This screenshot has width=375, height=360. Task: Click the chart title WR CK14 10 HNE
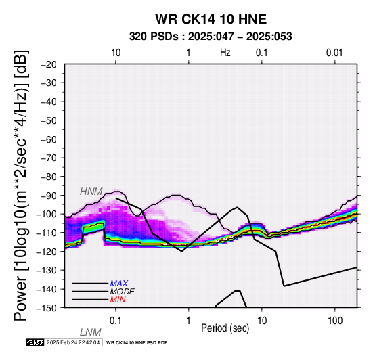point(211,19)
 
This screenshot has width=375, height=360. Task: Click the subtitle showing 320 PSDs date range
point(211,37)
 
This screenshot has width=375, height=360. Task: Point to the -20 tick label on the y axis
point(49,64)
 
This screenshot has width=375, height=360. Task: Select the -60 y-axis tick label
point(49,139)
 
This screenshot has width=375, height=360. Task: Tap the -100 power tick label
point(47,214)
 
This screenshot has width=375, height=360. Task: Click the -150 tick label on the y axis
point(47,308)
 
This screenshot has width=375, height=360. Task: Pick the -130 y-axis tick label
point(47,270)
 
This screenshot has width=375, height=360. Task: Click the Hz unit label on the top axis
point(225,53)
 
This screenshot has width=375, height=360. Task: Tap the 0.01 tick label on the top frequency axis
point(334,53)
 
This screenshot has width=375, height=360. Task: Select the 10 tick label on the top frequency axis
point(116,53)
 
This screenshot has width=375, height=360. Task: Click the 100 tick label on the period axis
point(335,321)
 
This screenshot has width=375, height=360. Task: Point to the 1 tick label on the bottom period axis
point(189,321)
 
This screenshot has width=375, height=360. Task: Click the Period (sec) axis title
point(225,328)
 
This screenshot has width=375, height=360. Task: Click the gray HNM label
point(91,192)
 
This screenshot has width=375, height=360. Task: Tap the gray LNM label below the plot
point(91,332)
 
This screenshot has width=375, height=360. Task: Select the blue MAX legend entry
point(119,284)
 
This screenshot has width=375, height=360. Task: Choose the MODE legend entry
point(123,292)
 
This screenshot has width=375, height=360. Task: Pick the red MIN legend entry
point(118,300)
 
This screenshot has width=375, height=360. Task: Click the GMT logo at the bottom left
point(35,343)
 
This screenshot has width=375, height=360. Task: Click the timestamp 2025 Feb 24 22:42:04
point(73,343)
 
